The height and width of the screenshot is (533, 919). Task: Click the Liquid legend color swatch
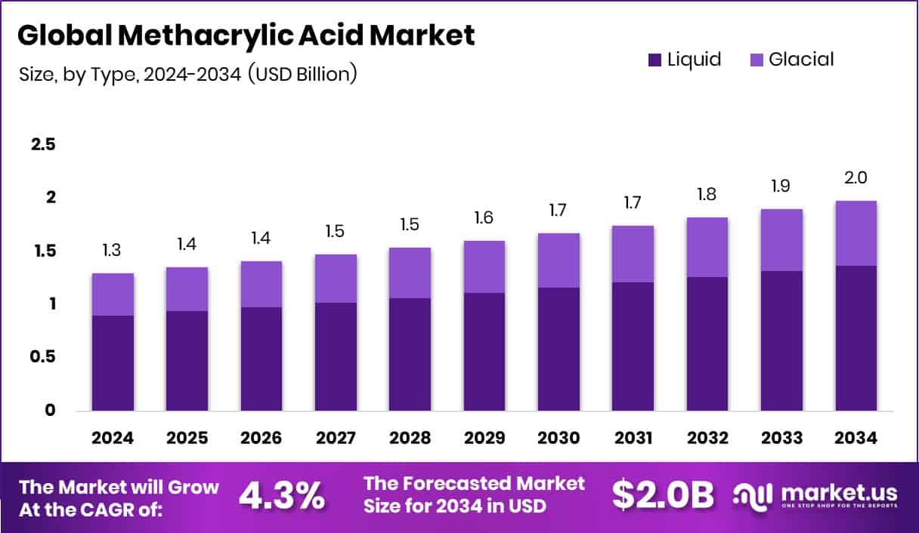click(x=654, y=60)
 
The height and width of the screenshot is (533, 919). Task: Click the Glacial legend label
click(x=801, y=60)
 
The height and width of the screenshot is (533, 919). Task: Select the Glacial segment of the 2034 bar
click(x=856, y=233)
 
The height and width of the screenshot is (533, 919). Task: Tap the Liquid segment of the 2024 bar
click(x=113, y=363)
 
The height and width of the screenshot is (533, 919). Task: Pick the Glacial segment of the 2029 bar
click(x=484, y=267)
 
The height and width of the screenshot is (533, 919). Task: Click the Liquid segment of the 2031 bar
click(x=633, y=347)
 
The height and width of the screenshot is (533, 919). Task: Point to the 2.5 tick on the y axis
click(x=43, y=145)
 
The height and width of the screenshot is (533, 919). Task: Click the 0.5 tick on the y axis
click(x=43, y=357)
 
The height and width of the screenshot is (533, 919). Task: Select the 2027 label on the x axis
click(x=336, y=438)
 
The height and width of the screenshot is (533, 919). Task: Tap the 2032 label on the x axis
click(x=707, y=438)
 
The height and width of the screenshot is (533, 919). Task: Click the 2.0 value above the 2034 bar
click(x=856, y=178)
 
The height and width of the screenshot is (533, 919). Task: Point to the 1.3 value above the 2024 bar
click(x=113, y=251)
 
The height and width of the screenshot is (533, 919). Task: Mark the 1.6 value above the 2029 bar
click(x=484, y=218)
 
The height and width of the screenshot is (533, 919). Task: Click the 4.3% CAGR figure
click(x=282, y=495)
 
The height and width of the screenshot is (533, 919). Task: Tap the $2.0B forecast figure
click(x=663, y=495)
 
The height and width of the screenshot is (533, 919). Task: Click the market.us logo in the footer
click(x=816, y=495)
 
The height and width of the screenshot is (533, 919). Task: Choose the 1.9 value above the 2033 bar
click(x=781, y=186)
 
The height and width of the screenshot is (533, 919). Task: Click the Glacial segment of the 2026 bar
click(x=261, y=285)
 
